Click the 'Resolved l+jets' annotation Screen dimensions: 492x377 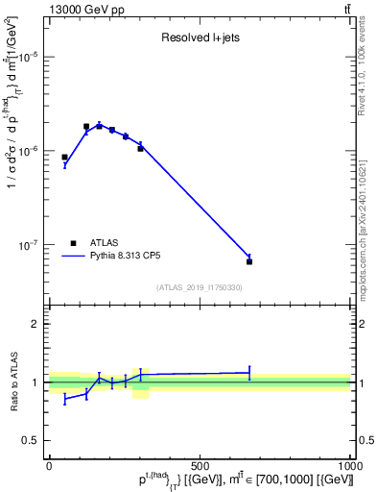coord(200,39)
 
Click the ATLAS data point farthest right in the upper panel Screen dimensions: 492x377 coord(249,261)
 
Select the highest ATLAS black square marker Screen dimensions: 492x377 coord(86,126)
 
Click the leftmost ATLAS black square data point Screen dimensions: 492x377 coord(64,157)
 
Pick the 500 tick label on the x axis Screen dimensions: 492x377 coord(200,465)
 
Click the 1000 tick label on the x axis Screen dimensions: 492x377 coord(349,465)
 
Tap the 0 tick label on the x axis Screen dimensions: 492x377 coord(49,465)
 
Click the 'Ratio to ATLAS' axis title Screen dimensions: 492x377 coord(12,381)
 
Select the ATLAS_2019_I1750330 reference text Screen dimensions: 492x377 coord(200,287)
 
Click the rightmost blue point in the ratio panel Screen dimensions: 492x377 coord(249,372)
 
